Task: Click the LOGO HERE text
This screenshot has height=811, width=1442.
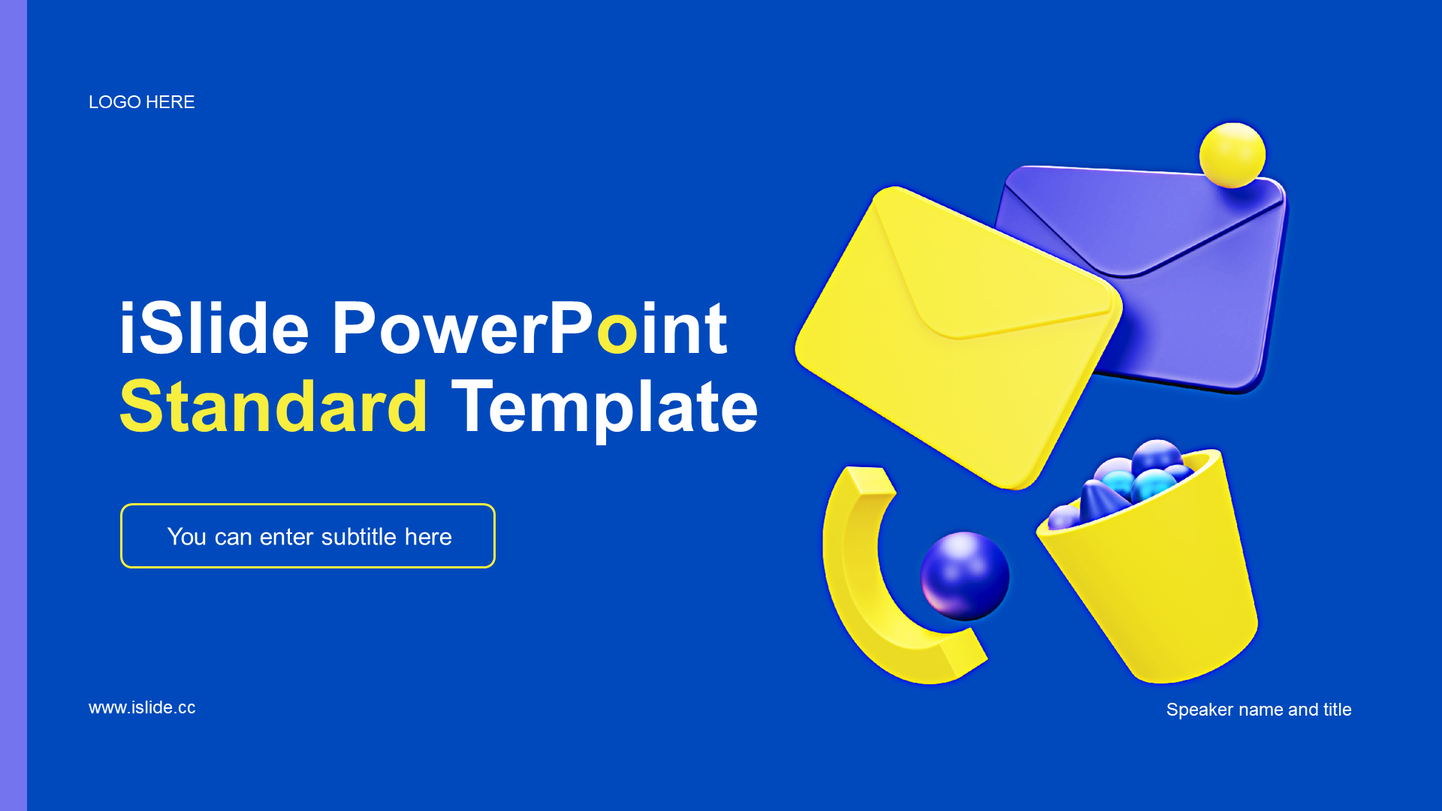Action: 141,102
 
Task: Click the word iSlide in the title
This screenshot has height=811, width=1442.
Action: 214,328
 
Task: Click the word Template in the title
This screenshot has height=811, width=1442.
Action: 605,409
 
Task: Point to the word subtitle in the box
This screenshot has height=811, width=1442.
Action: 359,537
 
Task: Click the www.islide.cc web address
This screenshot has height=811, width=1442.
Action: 142,707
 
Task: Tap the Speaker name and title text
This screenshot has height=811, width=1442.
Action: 1259,710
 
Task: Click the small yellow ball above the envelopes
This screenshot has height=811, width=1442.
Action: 1232,155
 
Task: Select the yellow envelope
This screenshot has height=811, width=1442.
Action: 958,337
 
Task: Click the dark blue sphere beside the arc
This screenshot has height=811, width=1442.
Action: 965,576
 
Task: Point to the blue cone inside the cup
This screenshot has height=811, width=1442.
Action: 1100,499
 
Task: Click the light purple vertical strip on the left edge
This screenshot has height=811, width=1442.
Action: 14,405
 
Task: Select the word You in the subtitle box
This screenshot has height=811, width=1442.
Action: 187,537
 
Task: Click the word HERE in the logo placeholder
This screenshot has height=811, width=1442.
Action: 170,102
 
